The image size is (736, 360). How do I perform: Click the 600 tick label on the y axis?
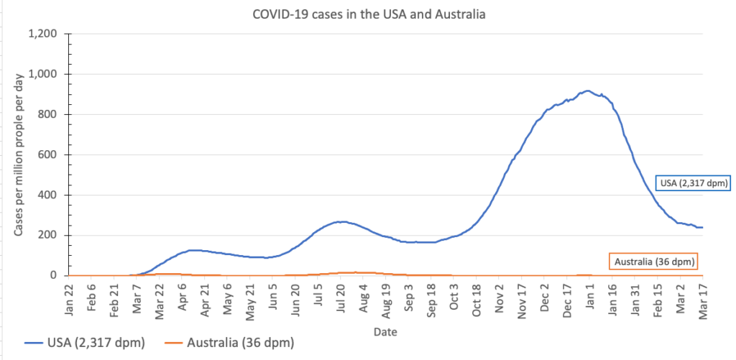pyautogui.click(x=52, y=154)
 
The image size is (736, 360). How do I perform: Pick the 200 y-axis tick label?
pyautogui.click(x=52, y=235)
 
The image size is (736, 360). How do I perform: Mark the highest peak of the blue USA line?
pyautogui.click(x=587, y=91)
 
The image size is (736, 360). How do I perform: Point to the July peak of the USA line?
pyautogui.click(x=342, y=221)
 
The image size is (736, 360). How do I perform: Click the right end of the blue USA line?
pyautogui.click(x=701, y=227)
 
